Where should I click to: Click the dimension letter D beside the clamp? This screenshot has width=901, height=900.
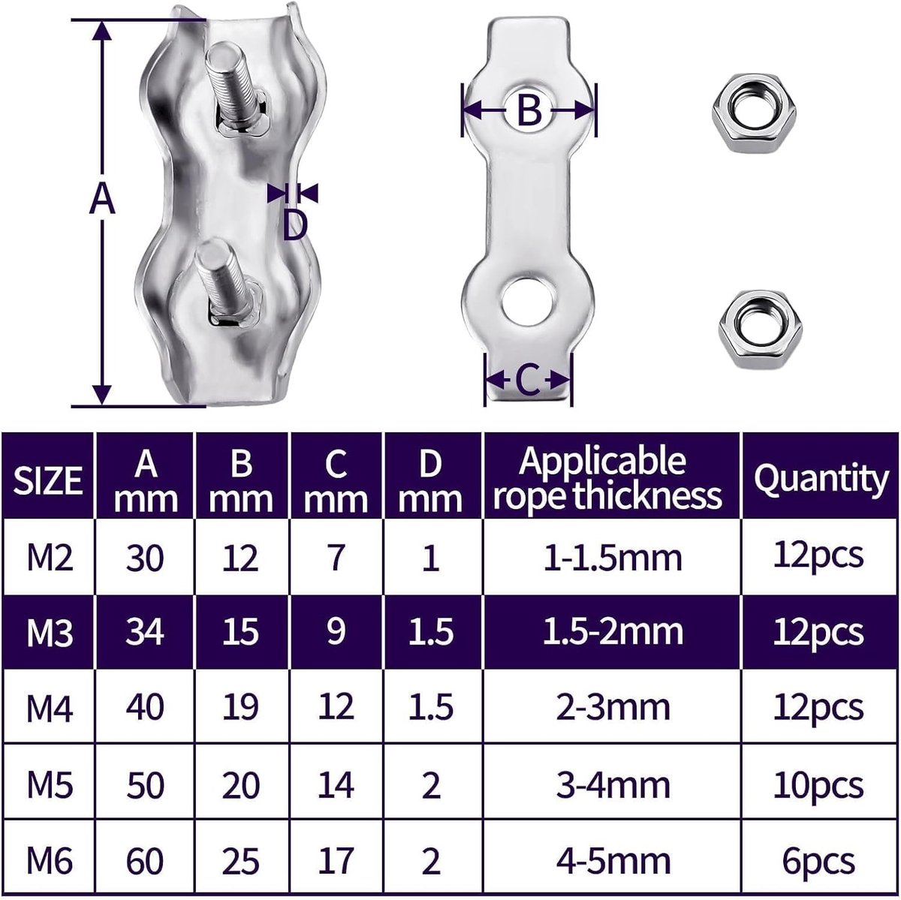click(295, 225)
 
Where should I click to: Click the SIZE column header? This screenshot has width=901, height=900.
click(48, 480)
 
